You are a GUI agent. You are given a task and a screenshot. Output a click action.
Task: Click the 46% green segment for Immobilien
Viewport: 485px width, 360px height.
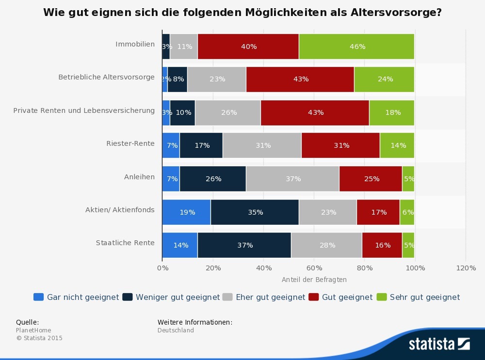click(356, 47)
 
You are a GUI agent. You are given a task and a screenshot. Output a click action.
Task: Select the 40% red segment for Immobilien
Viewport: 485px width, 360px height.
click(248, 47)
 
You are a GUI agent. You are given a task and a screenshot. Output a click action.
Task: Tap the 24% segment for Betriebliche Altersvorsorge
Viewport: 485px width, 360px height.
click(385, 79)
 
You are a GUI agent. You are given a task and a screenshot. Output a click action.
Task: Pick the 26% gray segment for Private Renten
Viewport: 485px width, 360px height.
click(228, 112)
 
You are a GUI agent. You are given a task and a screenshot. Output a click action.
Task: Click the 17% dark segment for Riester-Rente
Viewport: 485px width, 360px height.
click(201, 145)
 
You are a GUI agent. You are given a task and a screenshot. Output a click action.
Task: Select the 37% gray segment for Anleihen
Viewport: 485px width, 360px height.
click(293, 179)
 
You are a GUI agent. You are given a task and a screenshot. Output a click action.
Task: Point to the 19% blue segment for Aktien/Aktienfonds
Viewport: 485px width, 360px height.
click(187, 212)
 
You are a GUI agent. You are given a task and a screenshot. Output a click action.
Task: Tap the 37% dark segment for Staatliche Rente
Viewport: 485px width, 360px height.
click(244, 245)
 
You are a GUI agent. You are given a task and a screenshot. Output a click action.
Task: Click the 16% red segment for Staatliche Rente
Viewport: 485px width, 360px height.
click(382, 245)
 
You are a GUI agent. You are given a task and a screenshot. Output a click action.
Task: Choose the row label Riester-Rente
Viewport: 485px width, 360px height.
click(130, 143)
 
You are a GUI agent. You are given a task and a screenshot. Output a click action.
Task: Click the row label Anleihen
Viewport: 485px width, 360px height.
click(139, 177)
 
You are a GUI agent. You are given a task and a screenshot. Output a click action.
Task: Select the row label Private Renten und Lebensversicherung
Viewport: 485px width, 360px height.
click(84, 110)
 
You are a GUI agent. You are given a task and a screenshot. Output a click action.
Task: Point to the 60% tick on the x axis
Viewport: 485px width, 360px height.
click(314, 268)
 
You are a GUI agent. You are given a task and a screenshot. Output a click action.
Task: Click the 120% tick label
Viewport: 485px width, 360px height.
click(466, 268)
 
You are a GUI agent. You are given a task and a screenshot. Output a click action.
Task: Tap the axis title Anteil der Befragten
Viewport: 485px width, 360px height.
click(314, 280)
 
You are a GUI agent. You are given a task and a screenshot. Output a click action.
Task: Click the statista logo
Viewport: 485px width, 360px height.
click(439, 344)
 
